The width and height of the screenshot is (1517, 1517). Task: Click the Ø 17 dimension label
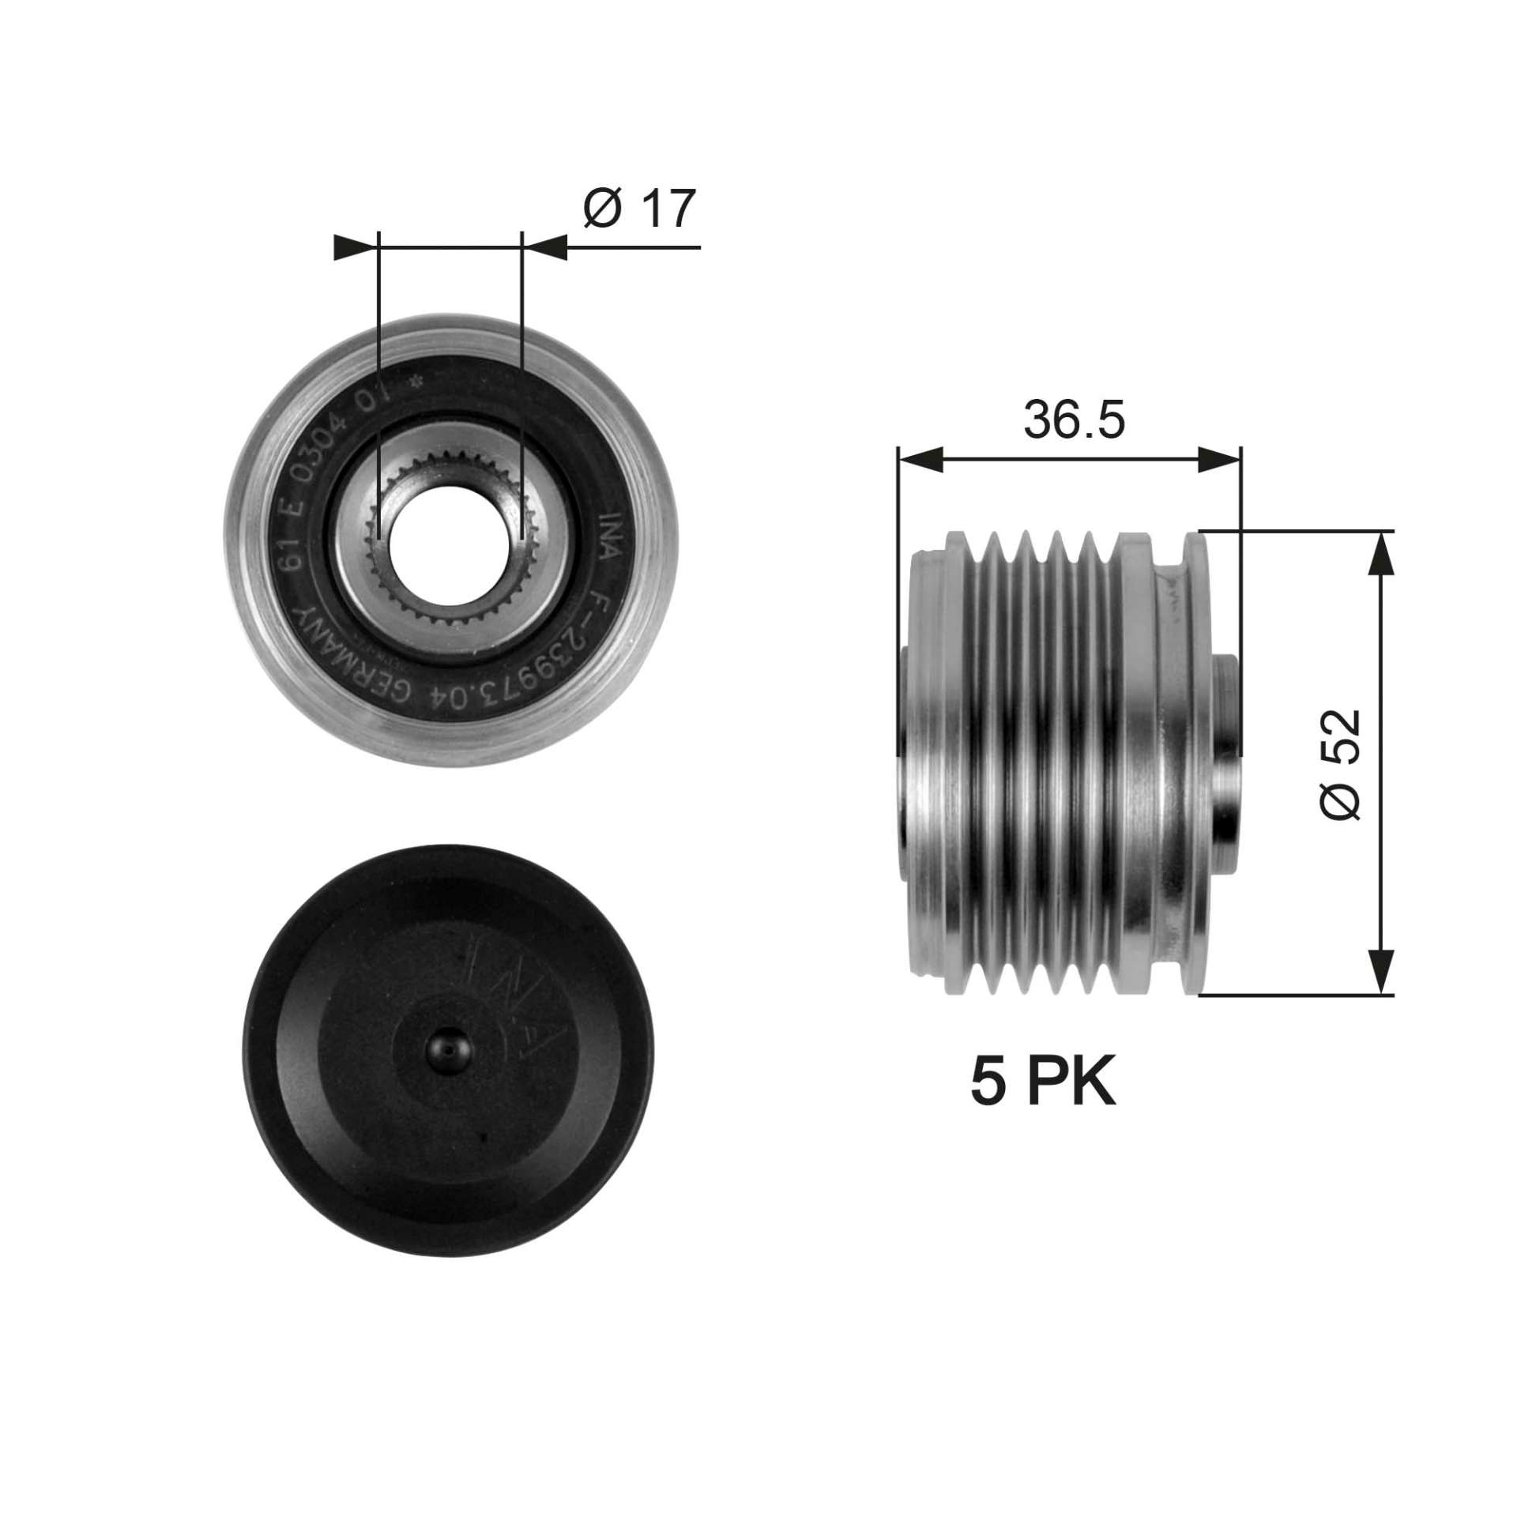pos(639,209)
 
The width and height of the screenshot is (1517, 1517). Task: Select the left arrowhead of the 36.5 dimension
pos(920,459)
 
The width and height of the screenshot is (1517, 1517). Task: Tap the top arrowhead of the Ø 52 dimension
pos(1381,552)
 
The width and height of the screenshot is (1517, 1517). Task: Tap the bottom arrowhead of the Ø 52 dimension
pos(1381,971)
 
